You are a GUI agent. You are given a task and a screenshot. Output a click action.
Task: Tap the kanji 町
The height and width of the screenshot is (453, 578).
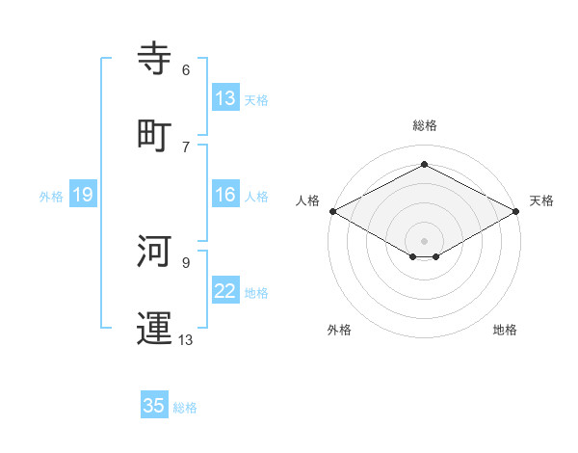154,135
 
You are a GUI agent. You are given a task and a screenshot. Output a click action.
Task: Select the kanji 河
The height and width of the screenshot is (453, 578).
154,251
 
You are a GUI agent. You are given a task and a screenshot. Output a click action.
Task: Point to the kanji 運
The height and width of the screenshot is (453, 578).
154,328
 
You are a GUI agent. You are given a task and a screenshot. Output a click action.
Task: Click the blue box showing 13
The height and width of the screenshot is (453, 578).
225,98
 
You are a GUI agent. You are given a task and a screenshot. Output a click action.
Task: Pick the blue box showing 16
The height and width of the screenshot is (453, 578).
225,196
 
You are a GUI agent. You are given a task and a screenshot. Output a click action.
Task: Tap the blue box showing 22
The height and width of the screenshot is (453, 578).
225,292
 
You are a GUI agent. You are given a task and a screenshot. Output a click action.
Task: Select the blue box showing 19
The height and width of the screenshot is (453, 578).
82,196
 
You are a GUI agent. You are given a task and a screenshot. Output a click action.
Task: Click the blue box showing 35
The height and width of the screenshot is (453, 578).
154,406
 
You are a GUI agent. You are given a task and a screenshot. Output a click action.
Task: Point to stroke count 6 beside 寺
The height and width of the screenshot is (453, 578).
186,70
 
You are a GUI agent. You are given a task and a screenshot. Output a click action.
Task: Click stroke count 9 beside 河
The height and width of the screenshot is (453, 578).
186,261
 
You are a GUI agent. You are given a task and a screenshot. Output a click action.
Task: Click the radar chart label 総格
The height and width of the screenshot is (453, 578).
425,125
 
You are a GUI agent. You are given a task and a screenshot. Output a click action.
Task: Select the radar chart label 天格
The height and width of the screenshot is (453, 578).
541,200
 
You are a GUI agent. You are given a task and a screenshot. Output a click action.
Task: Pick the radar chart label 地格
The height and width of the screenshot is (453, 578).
505,330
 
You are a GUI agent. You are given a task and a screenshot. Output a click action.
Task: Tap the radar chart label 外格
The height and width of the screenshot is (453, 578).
339,330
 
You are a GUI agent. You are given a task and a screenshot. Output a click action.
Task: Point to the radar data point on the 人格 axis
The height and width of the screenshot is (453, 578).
332,211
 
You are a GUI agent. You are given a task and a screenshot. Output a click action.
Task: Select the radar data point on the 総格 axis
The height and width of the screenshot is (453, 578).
425,165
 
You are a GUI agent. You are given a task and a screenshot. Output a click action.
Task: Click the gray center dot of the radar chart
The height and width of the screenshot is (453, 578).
425,240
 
